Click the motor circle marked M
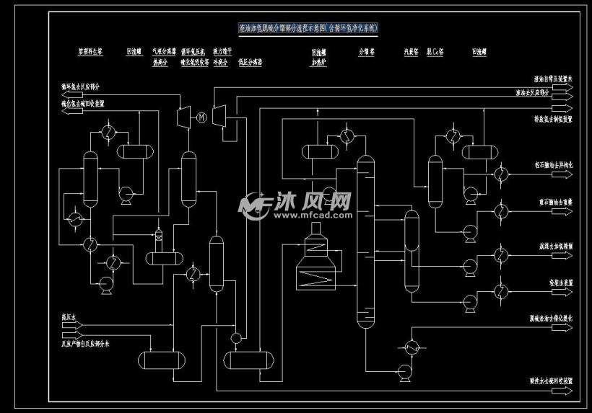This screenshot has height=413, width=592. (202, 117)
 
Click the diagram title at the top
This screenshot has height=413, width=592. (308, 28)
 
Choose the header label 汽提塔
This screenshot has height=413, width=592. (410, 53)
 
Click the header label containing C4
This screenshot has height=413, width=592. (435, 53)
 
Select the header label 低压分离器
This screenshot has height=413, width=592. (250, 63)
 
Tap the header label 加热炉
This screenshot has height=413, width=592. (319, 63)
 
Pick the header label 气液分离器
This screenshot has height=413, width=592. (160, 53)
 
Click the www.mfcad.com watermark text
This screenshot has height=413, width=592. (302, 215)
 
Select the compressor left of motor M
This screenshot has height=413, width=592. (183, 117)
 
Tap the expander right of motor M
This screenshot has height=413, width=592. (221, 115)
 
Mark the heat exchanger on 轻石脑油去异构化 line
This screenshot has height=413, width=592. (500, 174)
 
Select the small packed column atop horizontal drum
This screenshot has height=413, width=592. (160, 237)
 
